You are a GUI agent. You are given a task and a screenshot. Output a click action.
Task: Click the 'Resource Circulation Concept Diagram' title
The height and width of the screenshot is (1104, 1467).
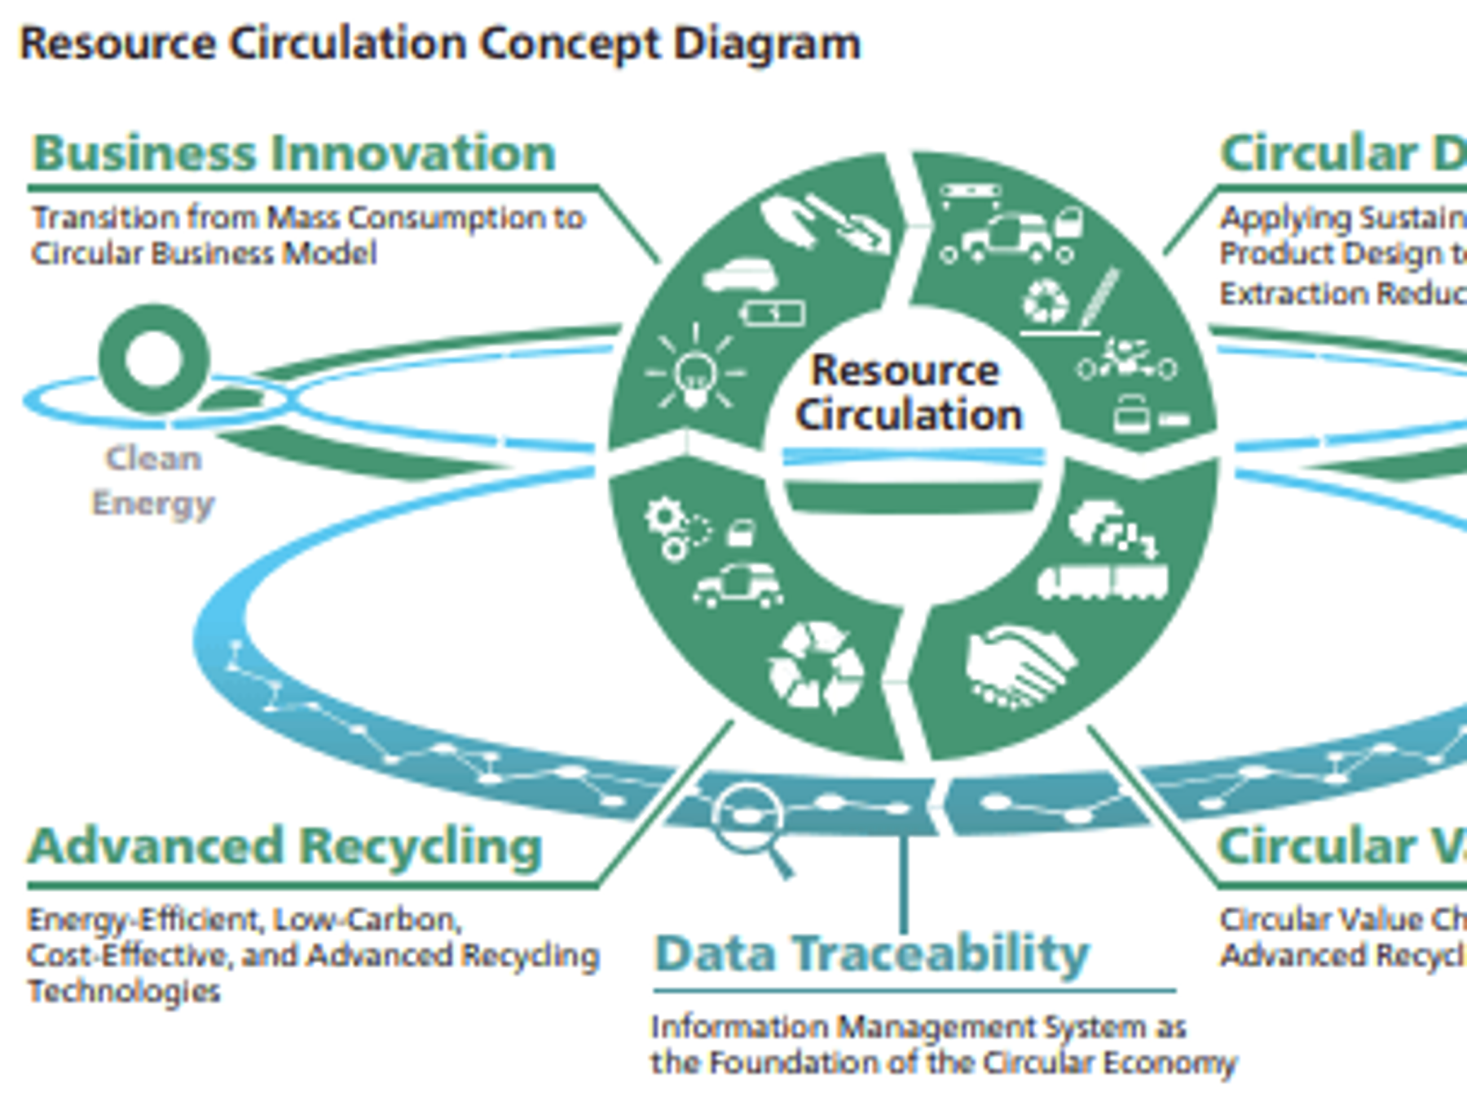point(440,43)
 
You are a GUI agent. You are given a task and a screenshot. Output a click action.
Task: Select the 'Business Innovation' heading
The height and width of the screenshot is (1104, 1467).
point(294,152)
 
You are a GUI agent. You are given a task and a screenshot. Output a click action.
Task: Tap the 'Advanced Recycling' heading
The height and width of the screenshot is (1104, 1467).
point(285,846)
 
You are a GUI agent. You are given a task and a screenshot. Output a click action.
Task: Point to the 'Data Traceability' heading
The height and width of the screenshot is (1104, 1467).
point(872,952)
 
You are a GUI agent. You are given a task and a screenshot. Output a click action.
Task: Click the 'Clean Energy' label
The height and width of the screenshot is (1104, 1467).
point(153,481)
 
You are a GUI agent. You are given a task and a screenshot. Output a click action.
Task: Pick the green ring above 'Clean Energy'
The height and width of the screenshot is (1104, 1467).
point(154,358)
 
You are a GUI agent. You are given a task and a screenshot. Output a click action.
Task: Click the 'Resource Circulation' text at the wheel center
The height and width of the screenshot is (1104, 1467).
point(908,393)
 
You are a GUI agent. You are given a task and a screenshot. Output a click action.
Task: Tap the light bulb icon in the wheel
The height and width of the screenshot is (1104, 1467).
point(695,375)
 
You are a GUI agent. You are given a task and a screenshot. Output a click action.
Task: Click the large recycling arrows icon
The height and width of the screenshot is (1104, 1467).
point(816,666)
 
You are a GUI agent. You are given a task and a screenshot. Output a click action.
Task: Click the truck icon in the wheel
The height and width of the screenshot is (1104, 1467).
point(1102,582)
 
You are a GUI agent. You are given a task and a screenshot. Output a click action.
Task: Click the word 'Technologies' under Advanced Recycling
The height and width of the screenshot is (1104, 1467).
point(124,992)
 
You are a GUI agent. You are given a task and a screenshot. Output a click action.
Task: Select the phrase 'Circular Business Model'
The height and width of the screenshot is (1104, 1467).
point(205,253)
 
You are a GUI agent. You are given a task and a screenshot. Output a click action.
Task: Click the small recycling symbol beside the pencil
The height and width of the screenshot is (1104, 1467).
point(1045,301)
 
